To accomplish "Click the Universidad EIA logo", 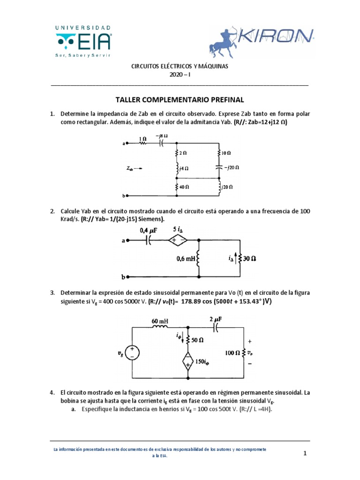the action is [x=83, y=41].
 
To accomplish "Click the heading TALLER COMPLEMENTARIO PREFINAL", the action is [x=180, y=100].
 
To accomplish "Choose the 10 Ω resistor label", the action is [x=226, y=153].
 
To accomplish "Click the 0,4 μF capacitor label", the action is [x=150, y=230].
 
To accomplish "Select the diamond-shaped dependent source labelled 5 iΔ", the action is [x=178, y=240].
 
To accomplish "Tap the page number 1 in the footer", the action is [x=305, y=453].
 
